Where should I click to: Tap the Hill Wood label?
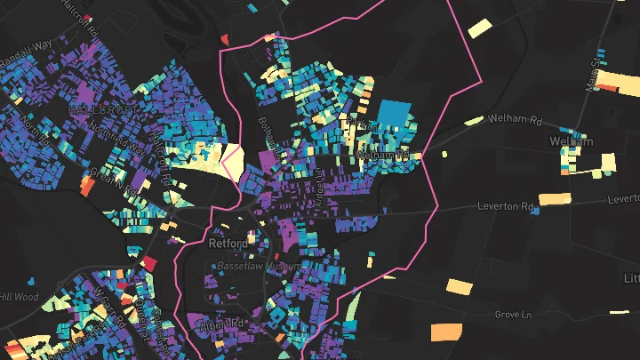[x=19, y=297]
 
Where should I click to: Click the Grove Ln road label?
[x=513, y=314]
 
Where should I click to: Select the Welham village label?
[x=571, y=141]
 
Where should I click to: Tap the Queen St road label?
[x=140, y=308]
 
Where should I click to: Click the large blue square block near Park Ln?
[x=397, y=116]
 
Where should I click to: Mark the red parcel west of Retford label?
[x=149, y=264]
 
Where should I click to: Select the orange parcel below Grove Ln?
[x=446, y=332]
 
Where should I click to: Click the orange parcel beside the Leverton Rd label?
[x=555, y=198]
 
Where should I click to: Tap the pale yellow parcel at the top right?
[x=480, y=28]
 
